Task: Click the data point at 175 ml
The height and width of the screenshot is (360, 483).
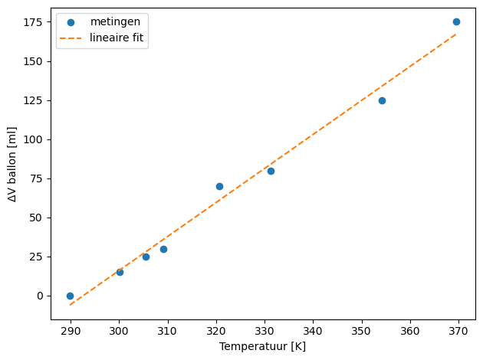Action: pos(456,22)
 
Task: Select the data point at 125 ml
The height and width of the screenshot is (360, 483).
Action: pos(382,100)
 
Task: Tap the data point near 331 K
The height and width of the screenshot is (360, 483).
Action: pos(271,171)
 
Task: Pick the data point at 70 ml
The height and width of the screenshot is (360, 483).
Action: pos(219,186)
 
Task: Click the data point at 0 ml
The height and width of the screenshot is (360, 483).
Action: pos(70,296)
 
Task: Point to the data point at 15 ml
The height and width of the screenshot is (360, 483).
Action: pos(120,272)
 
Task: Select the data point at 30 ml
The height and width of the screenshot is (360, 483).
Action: pos(163,249)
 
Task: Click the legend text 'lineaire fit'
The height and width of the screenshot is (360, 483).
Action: pos(117,38)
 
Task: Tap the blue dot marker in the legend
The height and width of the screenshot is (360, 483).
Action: pos(71,22)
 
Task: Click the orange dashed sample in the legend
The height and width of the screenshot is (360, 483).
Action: pos(71,38)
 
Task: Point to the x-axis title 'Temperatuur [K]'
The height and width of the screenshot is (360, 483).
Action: pos(262,346)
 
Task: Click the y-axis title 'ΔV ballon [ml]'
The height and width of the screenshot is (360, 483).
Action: pos(12,165)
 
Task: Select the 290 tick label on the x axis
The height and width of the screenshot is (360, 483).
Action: pos(71,331)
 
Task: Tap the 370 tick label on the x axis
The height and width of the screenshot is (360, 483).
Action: pos(459,331)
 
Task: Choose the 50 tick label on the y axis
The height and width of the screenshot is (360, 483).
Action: pos(34,218)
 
